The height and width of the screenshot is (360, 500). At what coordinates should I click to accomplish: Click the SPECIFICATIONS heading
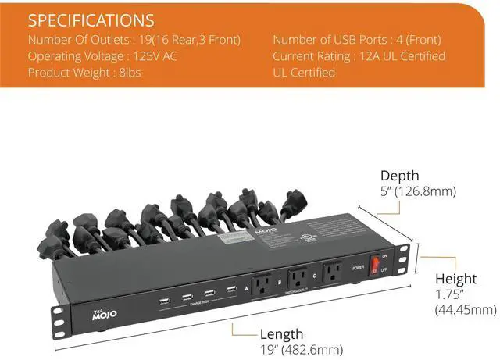[x=91, y=20]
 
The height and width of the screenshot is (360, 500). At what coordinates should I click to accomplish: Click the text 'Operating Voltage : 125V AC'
[x=102, y=56]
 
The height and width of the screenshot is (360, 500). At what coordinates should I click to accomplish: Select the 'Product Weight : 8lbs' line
[x=79, y=73]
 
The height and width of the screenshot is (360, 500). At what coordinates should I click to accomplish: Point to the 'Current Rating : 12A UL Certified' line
[x=359, y=56]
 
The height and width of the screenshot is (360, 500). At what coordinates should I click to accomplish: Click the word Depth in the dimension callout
[x=400, y=176]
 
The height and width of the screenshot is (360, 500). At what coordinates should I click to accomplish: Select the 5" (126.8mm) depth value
[x=418, y=191]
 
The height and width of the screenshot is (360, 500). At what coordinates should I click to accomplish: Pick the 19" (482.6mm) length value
[x=298, y=349]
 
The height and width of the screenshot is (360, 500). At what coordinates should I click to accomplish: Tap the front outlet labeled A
[x=261, y=281]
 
